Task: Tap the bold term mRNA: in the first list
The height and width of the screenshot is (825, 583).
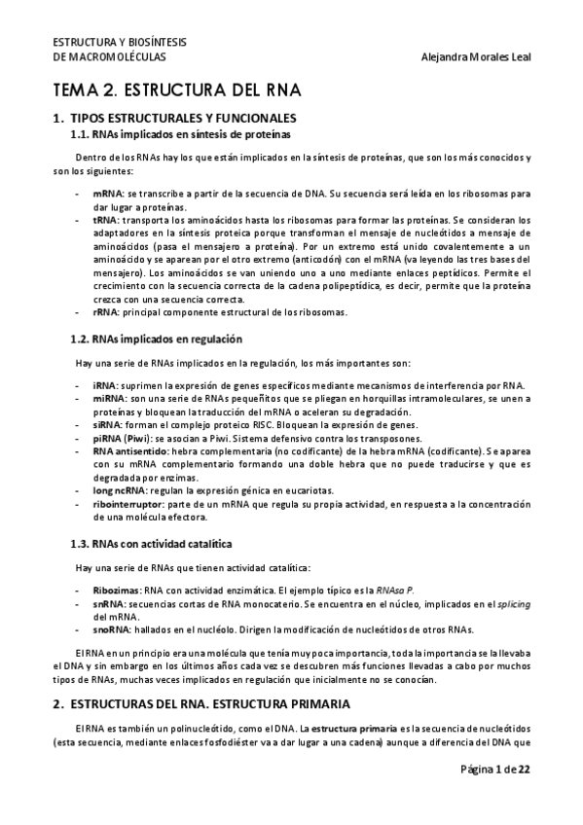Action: click(x=108, y=195)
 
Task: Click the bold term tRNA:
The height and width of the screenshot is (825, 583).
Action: click(x=107, y=221)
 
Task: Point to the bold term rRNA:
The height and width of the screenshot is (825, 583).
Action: click(x=107, y=312)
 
